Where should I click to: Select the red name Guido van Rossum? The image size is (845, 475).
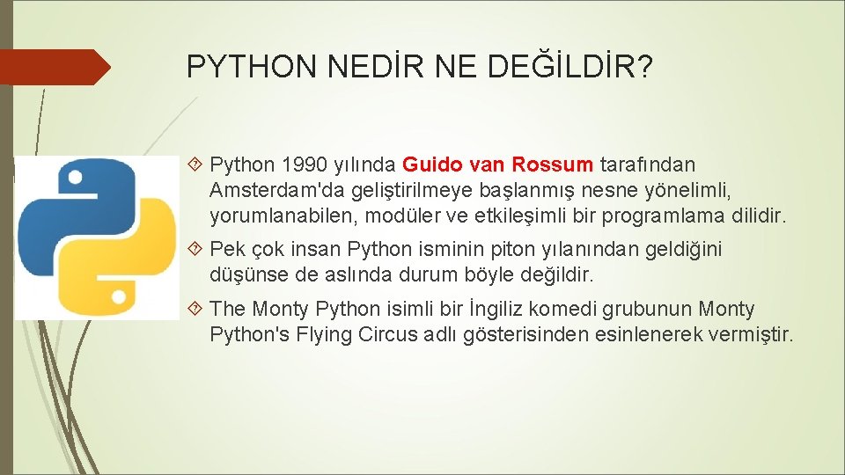pos(498,164)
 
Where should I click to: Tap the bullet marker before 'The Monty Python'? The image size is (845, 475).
pos(196,310)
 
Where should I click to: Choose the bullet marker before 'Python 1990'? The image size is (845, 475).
pos(196,164)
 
